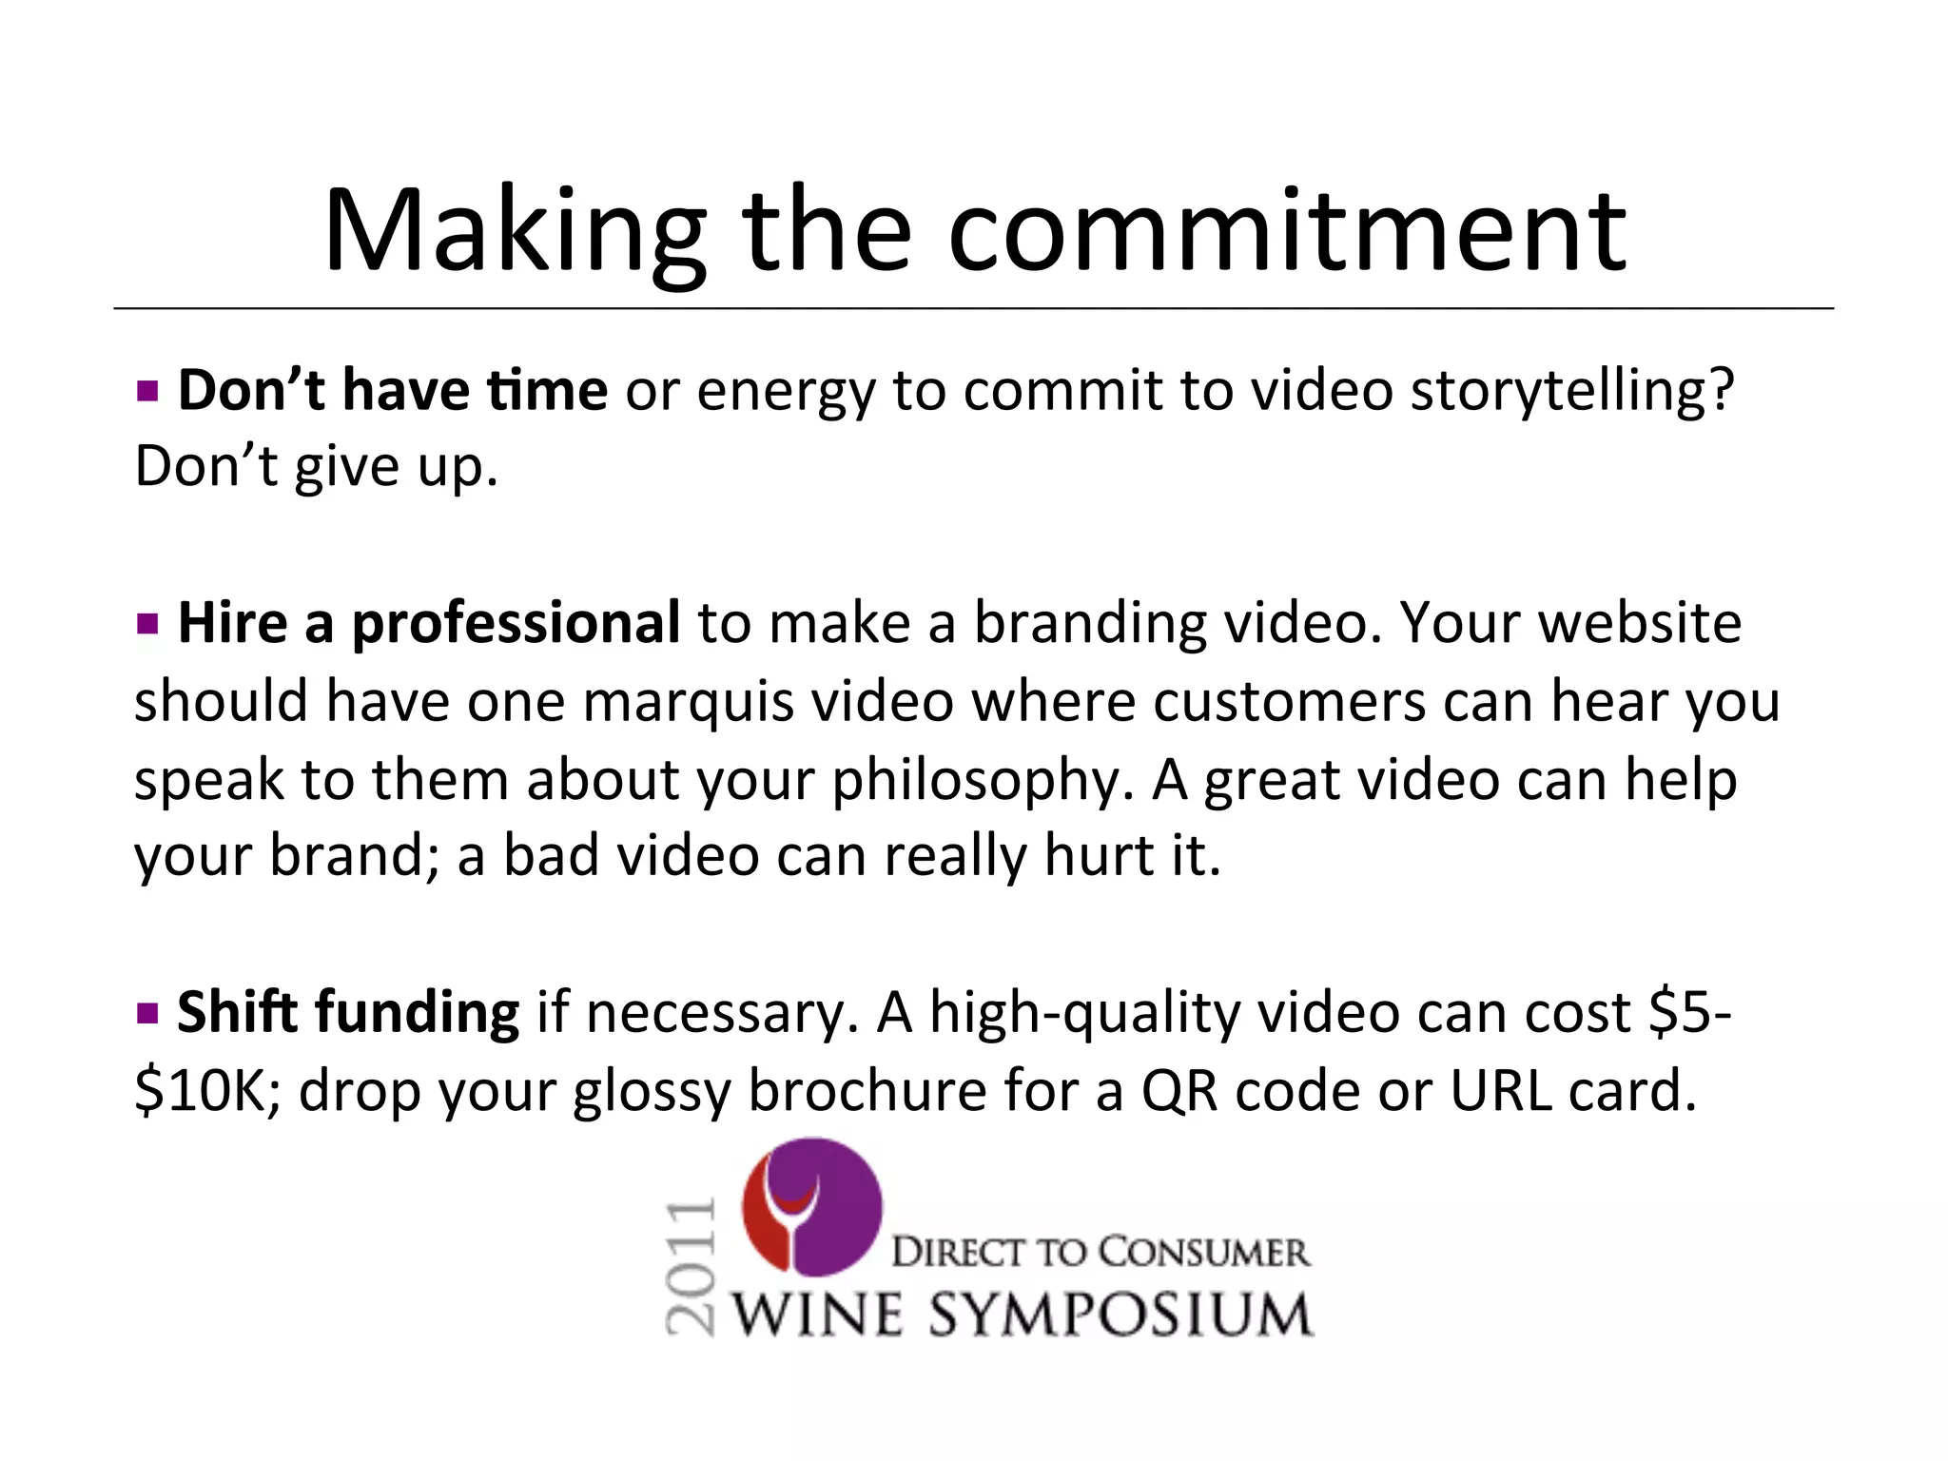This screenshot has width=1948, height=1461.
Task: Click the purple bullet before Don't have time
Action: pyautogui.click(x=146, y=390)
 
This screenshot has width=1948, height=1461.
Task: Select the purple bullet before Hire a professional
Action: pyautogui.click(x=146, y=624)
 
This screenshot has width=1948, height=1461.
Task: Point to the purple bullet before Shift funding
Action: pyautogui.click(x=146, y=1012)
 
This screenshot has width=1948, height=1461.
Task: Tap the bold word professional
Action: pyautogui.click(x=516, y=624)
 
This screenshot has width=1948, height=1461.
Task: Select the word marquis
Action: pyautogui.click(x=688, y=701)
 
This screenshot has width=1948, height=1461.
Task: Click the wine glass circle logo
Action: pyautogui.click(x=811, y=1207)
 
